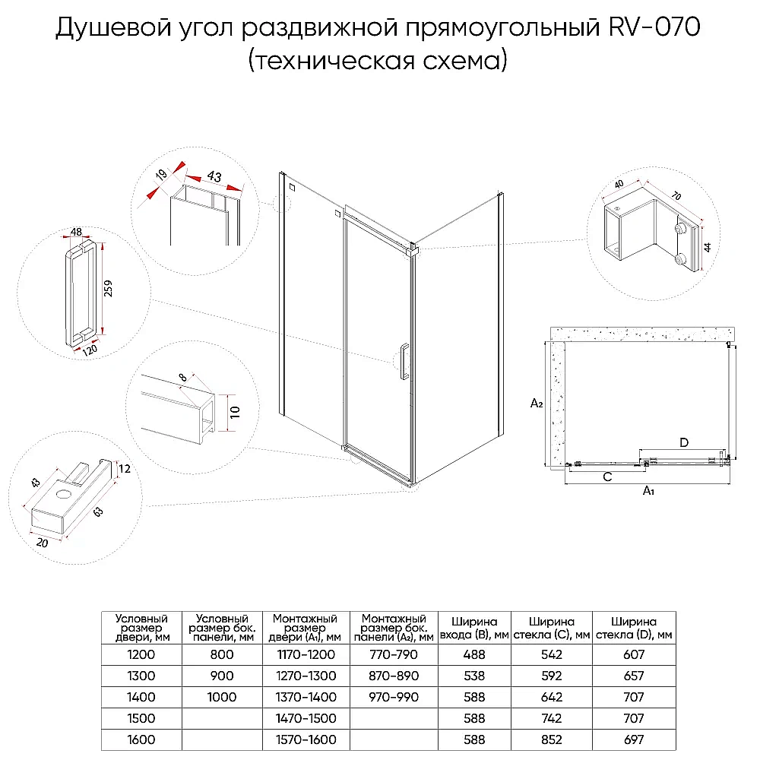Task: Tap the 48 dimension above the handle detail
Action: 76,232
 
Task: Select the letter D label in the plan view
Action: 683,442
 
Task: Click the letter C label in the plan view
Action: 607,477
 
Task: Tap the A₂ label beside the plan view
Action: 536,403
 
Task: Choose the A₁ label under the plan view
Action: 648,491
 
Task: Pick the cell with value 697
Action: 633,739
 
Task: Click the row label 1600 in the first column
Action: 141,739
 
